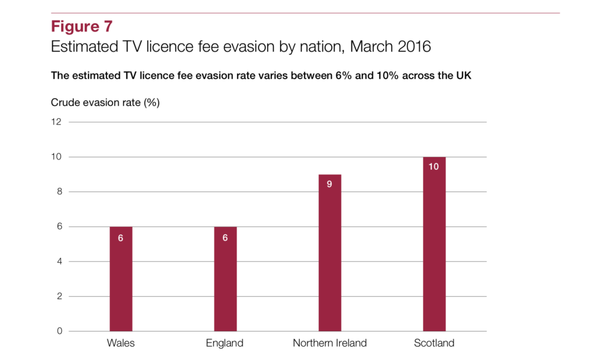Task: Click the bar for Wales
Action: pyautogui.click(x=121, y=279)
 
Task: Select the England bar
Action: pyautogui.click(x=225, y=279)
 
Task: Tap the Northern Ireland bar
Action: pyautogui.click(x=329, y=253)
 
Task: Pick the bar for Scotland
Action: pyautogui.click(x=434, y=244)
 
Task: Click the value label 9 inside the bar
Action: pyautogui.click(x=329, y=184)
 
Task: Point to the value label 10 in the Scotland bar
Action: pyautogui.click(x=434, y=167)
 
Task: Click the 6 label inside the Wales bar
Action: pyautogui.click(x=120, y=238)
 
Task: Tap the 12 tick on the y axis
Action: pyautogui.click(x=56, y=122)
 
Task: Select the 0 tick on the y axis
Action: pyautogui.click(x=59, y=331)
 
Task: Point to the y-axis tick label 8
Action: pyautogui.click(x=59, y=192)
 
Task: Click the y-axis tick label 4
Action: pyautogui.click(x=59, y=261)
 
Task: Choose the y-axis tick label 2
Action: pyautogui.click(x=59, y=296)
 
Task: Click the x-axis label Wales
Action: pyautogui.click(x=121, y=343)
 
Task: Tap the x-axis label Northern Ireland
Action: pyautogui.click(x=329, y=343)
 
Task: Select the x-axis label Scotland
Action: pyautogui.click(x=434, y=343)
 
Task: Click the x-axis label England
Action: pyautogui.click(x=225, y=343)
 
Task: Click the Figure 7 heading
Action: pyautogui.click(x=81, y=27)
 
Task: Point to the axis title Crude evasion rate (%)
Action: pyautogui.click(x=105, y=102)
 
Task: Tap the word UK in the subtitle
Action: pyautogui.click(x=464, y=76)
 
